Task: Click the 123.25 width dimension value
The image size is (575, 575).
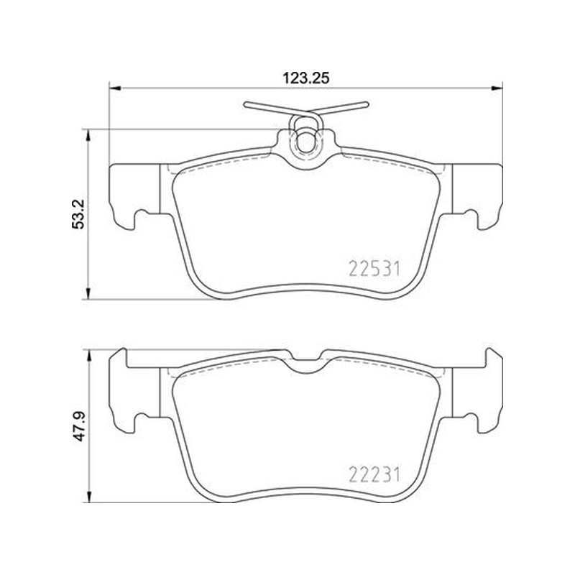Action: (305, 78)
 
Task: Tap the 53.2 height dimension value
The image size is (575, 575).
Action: (78, 214)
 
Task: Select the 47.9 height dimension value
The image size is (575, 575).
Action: (78, 425)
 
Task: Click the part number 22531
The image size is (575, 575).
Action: (374, 269)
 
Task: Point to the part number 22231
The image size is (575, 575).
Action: (374, 475)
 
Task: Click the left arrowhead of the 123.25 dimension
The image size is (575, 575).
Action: (115, 88)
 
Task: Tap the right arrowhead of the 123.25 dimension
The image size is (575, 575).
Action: (497, 88)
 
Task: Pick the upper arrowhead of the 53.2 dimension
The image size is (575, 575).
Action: (87, 135)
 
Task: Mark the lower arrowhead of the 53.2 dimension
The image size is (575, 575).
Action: (87, 293)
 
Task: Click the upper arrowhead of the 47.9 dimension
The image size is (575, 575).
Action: (87, 356)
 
